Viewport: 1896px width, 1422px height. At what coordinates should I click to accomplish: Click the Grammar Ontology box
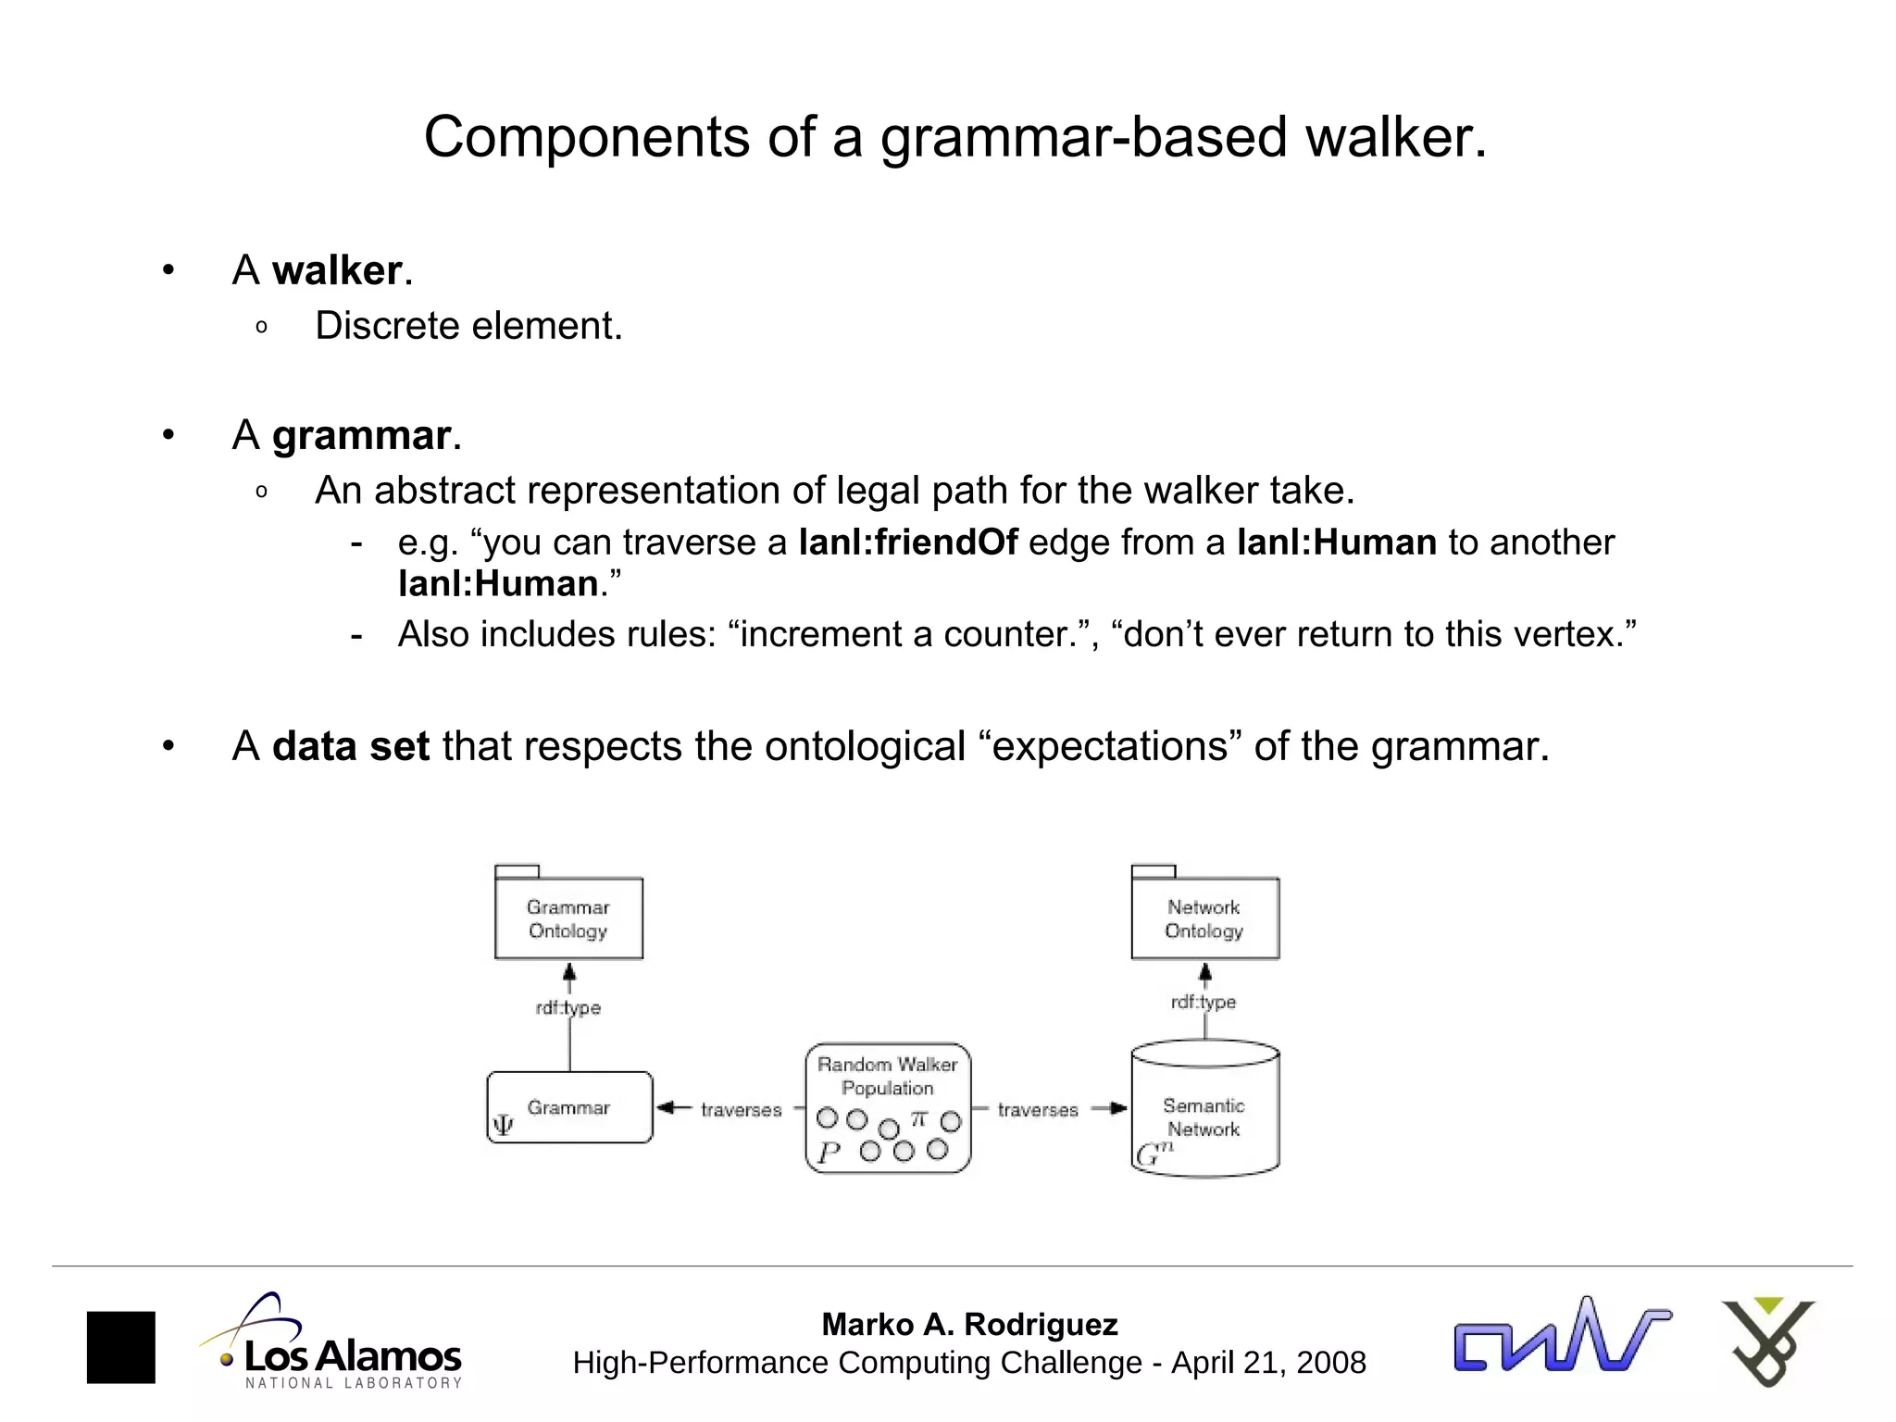(568, 918)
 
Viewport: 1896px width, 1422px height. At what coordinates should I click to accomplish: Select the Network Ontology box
(1204, 918)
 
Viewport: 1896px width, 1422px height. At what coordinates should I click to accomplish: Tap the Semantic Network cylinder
(1204, 1116)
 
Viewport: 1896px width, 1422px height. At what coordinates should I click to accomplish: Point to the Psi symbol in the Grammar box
(503, 1125)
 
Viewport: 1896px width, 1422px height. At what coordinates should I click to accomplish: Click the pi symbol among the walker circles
(918, 1118)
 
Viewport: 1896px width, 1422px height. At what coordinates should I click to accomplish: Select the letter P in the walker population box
(829, 1153)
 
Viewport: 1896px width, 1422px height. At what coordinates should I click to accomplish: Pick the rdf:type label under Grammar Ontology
(568, 1007)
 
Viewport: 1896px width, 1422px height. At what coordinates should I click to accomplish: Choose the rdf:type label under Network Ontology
(1204, 1002)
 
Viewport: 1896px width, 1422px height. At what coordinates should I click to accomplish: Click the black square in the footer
(121, 1347)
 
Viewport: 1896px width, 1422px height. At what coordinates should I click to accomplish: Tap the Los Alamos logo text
(352, 1356)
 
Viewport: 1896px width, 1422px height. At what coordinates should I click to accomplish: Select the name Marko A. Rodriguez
(969, 1324)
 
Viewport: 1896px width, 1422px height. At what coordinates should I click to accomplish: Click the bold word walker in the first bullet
(337, 270)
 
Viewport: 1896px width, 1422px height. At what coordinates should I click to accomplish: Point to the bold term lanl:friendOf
(908, 543)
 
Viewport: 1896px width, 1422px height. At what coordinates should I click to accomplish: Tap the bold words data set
(351, 746)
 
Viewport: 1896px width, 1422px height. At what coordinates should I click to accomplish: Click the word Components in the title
(586, 137)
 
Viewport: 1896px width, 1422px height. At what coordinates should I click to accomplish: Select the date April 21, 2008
(1268, 1363)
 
